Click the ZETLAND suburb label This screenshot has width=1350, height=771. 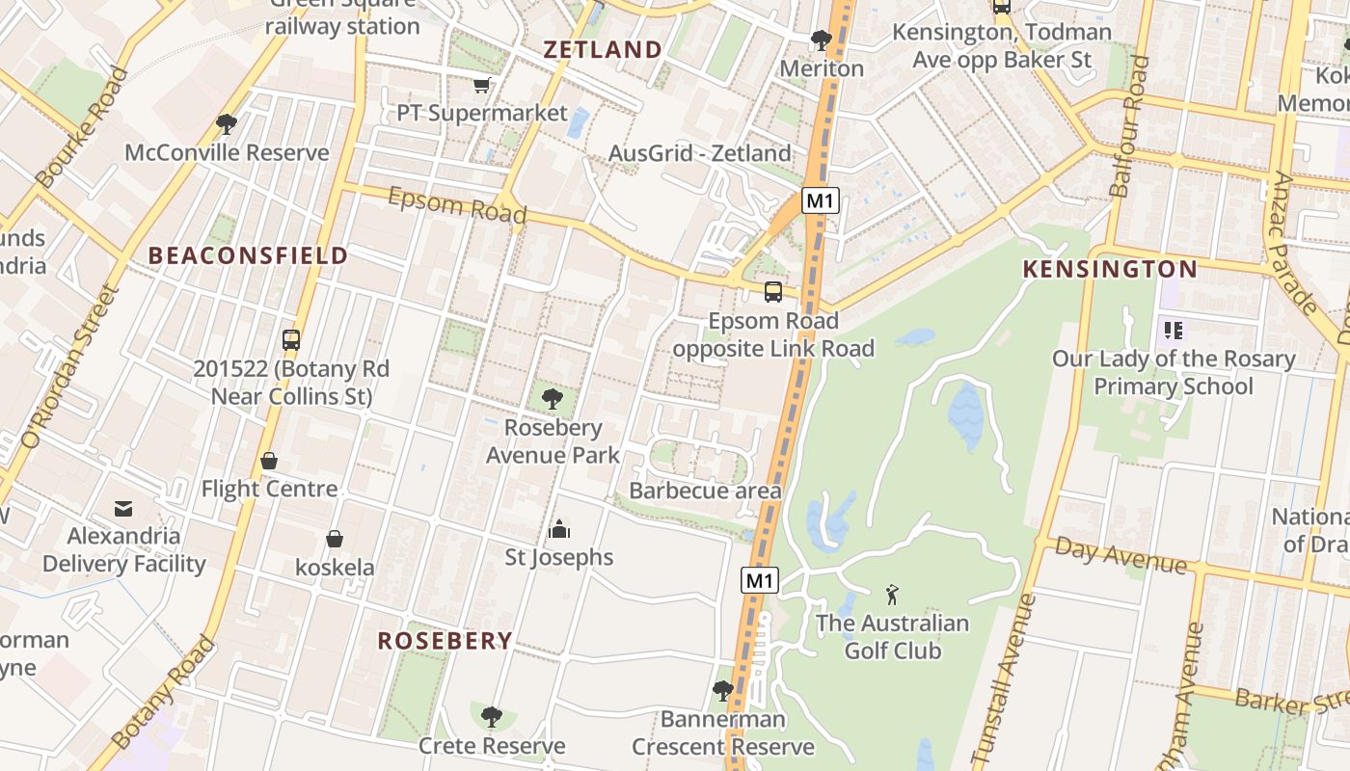tap(603, 50)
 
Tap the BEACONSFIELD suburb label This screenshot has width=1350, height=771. tap(248, 255)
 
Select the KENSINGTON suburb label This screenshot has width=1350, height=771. tap(1110, 269)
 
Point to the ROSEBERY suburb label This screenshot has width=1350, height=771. tap(445, 641)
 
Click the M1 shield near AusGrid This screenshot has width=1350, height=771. tap(821, 200)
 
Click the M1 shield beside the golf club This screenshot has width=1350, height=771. tap(760, 580)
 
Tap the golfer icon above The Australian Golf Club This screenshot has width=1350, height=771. tap(892, 595)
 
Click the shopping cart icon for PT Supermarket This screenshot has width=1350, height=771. tap(481, 85)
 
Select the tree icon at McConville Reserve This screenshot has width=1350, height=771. tap(227, 123)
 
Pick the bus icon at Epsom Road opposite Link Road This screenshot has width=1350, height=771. tap(773, 292)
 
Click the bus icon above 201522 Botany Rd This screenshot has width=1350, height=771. tap(291, 339)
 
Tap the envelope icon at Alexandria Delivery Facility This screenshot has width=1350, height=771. tap(123, 507)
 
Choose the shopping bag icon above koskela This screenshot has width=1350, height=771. tap(335, 538)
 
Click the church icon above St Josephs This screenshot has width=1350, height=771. tap(559, 528)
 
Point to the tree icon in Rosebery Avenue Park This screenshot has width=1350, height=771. tap(553, 398)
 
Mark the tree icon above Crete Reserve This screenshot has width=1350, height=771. tap(492, 716)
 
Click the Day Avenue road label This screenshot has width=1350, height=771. tap(1120, 554)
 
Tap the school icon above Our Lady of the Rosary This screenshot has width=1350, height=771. tap(1173, 331)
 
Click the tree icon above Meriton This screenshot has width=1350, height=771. tap(822, 40)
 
